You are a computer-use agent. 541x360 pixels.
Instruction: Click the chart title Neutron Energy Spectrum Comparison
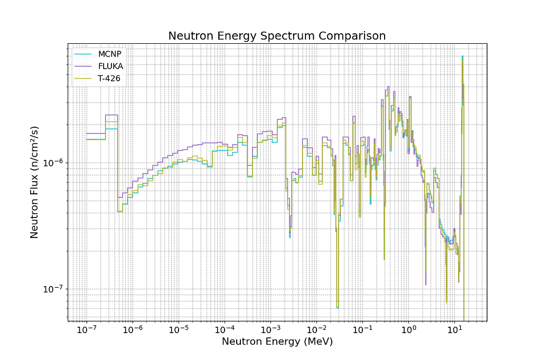[277, 36]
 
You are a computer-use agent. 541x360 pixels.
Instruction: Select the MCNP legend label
[109, 54]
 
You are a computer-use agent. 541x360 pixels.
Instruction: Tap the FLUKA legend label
[110, 66]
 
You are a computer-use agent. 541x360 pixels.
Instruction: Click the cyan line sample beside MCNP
[84, 54]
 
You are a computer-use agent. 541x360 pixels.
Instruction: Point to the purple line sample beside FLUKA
[84, 66]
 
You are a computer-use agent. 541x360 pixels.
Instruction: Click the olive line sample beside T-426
[84, 78]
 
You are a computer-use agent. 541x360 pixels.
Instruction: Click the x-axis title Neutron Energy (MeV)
[277, 342]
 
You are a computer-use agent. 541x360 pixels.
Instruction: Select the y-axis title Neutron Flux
[34, 182]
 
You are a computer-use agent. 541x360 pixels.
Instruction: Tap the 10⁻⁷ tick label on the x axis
[86, 330]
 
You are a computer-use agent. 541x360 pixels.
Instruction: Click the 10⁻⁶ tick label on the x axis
[132, 330]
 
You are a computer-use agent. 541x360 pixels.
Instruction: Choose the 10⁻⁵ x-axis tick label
[178, 330]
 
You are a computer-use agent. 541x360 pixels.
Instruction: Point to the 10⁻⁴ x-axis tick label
[224, 330]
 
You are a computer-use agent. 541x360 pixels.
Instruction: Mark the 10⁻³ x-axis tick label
[270, 330]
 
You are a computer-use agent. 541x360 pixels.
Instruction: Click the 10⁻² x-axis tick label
[316, 330]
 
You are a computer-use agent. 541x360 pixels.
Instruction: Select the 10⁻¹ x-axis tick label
[362, 330]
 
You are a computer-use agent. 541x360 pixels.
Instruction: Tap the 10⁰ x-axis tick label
[408, 330]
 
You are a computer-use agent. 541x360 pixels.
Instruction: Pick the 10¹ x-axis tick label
[454, 330]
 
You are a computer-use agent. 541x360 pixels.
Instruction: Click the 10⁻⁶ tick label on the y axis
[54, 163]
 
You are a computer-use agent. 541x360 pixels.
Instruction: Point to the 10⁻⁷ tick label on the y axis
[54, 289]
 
